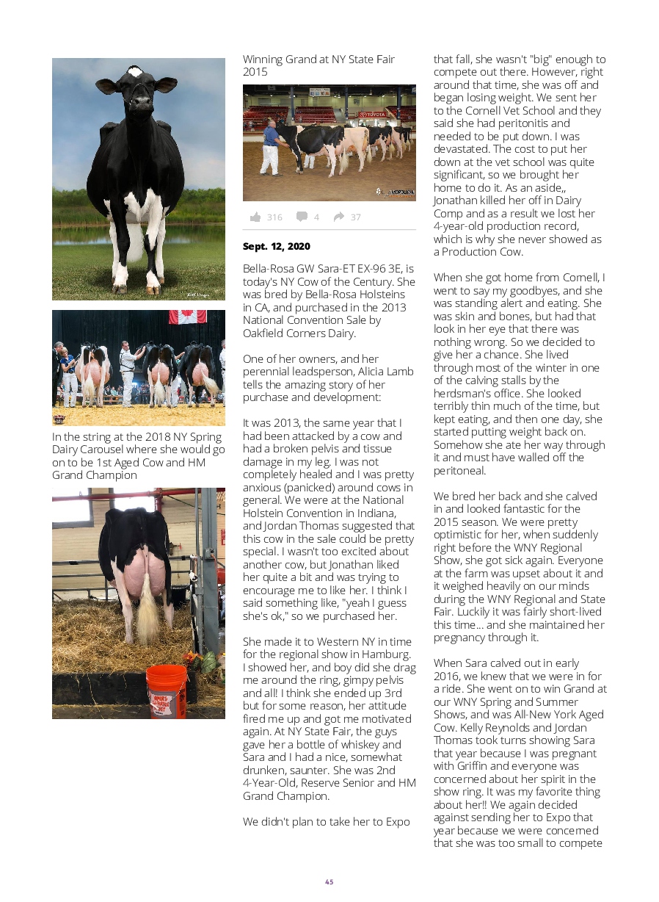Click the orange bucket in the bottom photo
tap(166, 692)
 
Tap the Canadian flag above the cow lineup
tap(187, 317)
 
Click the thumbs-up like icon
tap(255, 217)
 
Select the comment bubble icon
tap(302, 217)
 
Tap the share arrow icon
tap(338, 217)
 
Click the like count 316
tap(274, 217)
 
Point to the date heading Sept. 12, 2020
tap(277, 246)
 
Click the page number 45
tap(329, 882)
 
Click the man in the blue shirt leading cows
tap(271, 147)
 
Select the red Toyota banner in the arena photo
tap(371, 115)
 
